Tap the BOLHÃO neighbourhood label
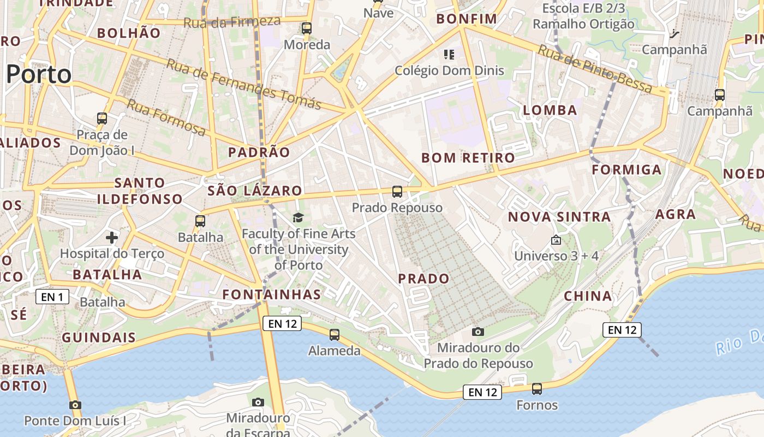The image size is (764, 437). tap(129, 33)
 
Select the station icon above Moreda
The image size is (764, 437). tap(307, 28)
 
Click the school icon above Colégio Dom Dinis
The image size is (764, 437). tap(449, 54)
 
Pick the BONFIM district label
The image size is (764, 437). tap(467, 19)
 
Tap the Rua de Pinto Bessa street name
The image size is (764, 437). tap(595, 69)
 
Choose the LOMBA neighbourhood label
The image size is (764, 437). tap(550, 110)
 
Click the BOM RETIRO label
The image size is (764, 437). tap(468, 158)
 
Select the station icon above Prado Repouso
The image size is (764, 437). tap(397, 192)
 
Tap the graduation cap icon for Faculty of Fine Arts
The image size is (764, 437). tap(298, 218)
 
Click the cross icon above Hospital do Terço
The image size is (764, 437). tap(112, 238)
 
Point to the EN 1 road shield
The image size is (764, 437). tap(52, 297)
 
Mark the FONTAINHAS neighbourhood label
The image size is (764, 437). tap(272, 295)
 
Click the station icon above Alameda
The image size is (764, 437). tap(335, 334)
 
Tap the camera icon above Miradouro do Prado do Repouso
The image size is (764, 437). tap(478, 332)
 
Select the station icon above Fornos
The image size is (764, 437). tap(537, 389)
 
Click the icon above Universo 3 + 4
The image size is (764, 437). tap(556, 240)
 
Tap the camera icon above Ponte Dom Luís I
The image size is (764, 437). tap(75, 405)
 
